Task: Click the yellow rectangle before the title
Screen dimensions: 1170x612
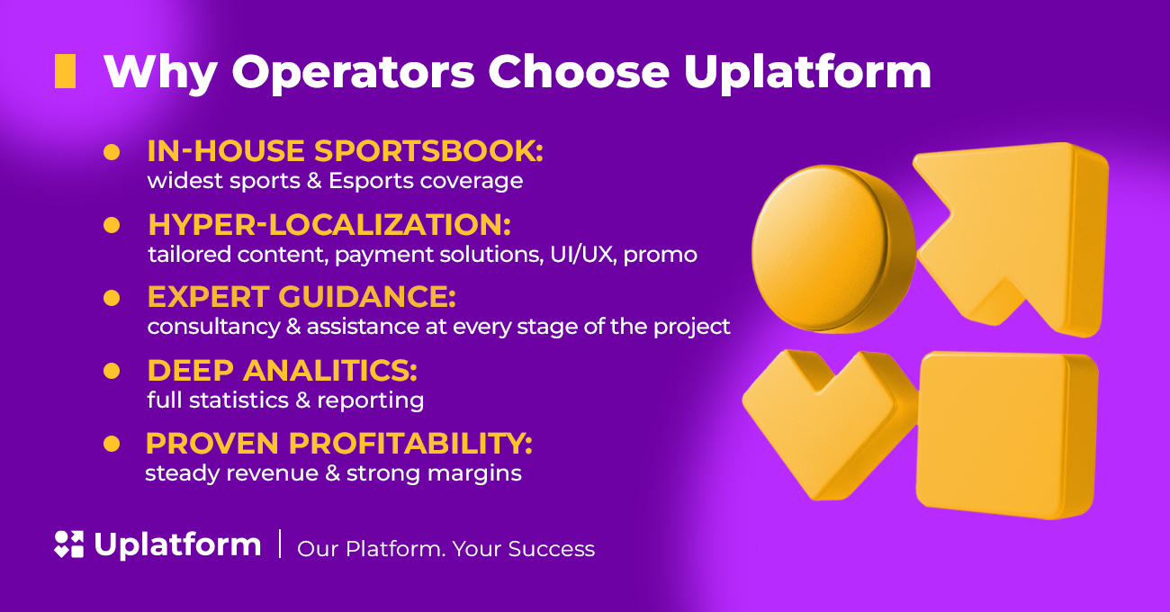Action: tap(66, 71)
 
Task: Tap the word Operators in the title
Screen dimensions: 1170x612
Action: tap(353, 74)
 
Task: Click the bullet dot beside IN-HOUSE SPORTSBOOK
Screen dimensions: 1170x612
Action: tap(112, 152)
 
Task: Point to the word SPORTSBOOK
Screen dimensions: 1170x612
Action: tap(428, 151)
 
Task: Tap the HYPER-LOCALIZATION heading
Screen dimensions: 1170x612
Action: tap(329, 224)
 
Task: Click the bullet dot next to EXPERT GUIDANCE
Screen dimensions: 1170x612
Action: tap(112, 298)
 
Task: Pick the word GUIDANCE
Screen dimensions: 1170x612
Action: tap(367, 297)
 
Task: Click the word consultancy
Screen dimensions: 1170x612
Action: tap(213, 328)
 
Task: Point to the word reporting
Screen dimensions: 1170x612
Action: tap(371, 401)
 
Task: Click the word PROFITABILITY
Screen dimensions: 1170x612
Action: tap(410, 444)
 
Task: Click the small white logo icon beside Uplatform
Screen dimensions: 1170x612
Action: tap(69, 544)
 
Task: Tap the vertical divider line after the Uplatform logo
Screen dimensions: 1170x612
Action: tap(281, 544)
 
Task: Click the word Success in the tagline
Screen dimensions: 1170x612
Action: tap(552, 549)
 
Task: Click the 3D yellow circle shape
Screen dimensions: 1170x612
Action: tap(832, 248)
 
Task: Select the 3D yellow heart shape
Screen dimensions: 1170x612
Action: tap(830, 423)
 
